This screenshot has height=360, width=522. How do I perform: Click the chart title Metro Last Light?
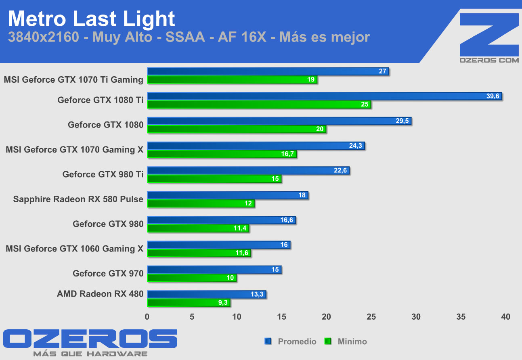(92, 19)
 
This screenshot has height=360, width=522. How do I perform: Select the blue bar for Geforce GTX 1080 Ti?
(323, 96)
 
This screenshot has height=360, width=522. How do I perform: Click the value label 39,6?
(493, 96)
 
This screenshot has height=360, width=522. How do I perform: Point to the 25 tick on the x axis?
(371, 317)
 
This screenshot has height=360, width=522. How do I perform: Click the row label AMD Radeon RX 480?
(100, 294)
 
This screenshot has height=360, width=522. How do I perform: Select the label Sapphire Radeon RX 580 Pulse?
(78, 199)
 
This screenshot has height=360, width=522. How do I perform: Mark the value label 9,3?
(222, 303)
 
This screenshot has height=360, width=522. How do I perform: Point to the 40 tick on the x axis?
(505, 317)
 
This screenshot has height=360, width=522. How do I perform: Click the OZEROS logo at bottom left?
(90, 339)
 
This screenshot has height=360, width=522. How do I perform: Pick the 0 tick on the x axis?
(147, 317)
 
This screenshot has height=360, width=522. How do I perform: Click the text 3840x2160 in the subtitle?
(43, 37)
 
